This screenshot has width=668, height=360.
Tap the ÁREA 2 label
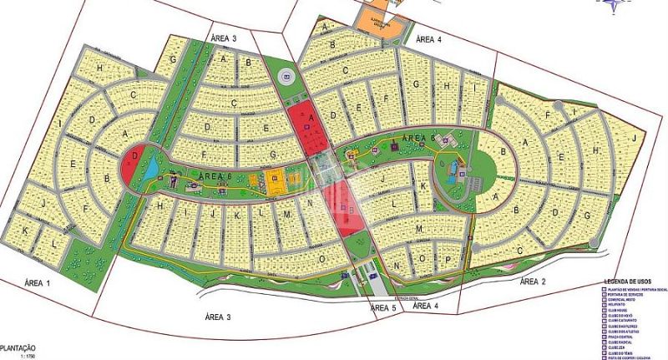pos(533,282)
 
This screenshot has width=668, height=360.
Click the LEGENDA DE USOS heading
pos(635,281)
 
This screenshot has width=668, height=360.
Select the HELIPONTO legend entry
pos(622,305)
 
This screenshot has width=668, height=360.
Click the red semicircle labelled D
pos(132,161)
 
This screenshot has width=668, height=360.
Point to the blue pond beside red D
pos(153,170)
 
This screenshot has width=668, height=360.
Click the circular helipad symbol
pos(287,77)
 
